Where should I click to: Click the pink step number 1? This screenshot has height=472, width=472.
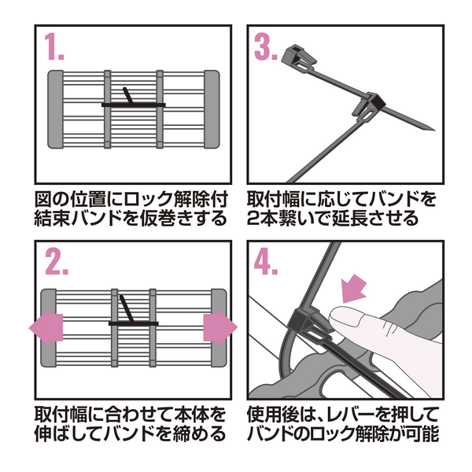(x=54, y=46)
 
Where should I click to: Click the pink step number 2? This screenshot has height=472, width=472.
(x=57, y=261)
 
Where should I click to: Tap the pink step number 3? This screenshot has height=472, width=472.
(x=266, y=46)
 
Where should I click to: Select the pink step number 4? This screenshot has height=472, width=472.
(x=266, y=261)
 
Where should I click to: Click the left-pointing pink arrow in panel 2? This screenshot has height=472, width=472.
(x=46, y=328)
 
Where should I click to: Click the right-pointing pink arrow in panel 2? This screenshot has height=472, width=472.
(x=220, y=328)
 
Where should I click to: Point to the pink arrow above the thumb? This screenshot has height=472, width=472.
(x=354, y=289)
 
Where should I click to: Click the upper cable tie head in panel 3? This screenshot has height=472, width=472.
(x=299, y=57)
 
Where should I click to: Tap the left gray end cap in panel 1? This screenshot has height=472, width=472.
(x=55, y=109)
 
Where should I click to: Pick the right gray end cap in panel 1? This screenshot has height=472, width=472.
(x=212, y=109)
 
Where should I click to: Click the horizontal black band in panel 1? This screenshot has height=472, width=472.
(x=134, y=105)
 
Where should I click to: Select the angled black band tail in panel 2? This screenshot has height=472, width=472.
(x=127, y=309)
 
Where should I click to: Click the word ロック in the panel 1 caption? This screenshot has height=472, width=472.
(x=149, y=199)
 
